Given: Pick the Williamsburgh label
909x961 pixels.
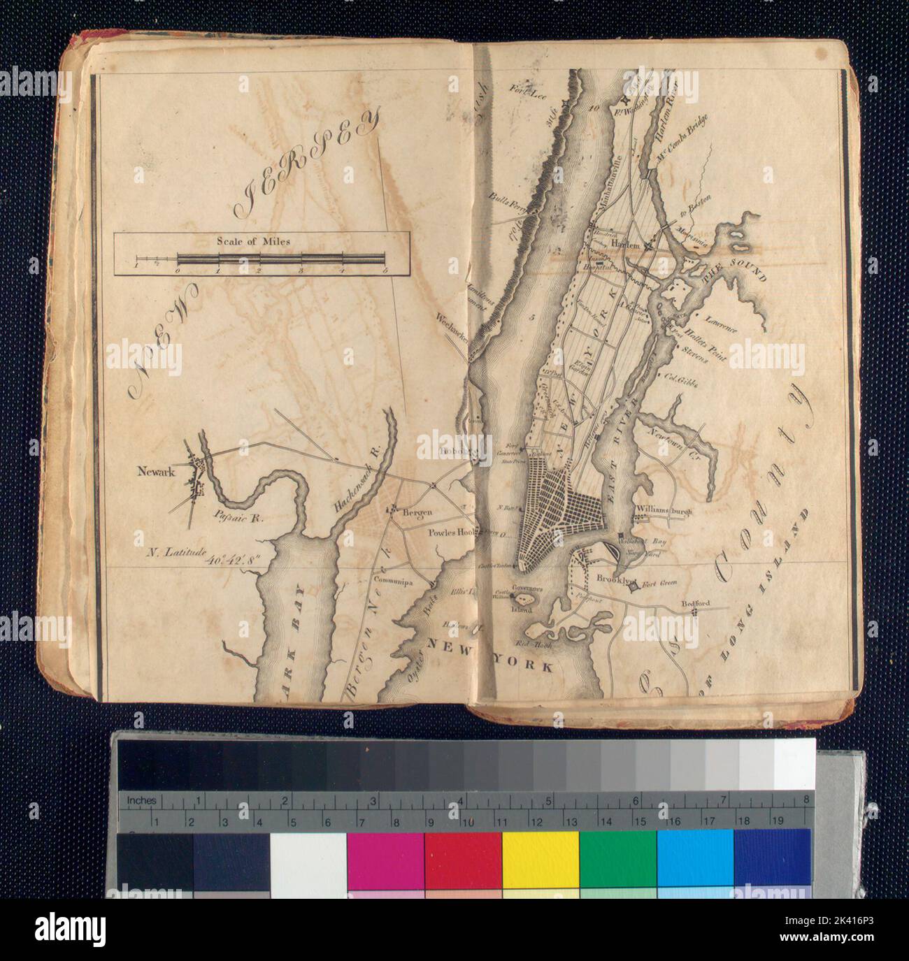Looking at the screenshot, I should pos(663,511).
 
